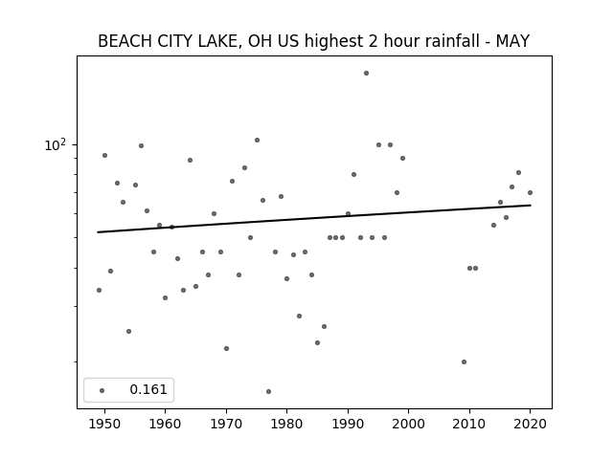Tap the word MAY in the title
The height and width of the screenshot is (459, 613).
pos(512,41)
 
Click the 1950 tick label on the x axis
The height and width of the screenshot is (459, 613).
pos(104,424)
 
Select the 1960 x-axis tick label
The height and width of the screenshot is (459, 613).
pos(165,424)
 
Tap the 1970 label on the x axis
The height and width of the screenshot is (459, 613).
pos(226,424)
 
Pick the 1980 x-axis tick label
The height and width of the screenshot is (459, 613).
pos(286,424)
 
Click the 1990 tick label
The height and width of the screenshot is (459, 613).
pos(348,424)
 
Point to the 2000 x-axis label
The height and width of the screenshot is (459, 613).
pos(408,424)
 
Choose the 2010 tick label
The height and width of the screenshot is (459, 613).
pos(469,424)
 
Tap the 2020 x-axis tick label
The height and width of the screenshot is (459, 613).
pos(530,424)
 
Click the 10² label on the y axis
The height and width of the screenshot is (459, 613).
pos(56,144)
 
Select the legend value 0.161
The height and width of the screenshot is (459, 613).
pos(148,389)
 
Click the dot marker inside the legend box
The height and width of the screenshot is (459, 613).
pos(102,390)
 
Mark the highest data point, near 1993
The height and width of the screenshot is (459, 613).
pos(366,73)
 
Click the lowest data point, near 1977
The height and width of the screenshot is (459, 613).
pos(268,391)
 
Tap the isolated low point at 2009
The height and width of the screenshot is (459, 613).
pos(464,361)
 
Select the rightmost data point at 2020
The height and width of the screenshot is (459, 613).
pos(530,192)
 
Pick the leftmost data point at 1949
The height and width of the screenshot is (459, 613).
pos(99,290)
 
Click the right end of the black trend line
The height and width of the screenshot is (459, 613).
pos(531,205)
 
